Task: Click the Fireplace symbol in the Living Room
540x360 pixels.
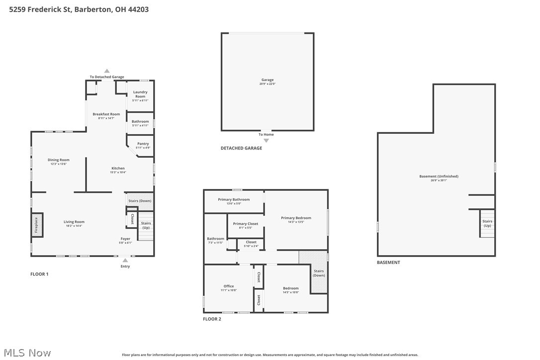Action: point(36,225)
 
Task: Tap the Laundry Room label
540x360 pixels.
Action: point(140,94)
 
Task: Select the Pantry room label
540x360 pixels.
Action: point(143,144)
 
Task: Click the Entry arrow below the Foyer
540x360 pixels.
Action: point(125,260)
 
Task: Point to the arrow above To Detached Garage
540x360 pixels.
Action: point(106,71)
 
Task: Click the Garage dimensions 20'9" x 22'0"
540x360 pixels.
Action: point(267,84)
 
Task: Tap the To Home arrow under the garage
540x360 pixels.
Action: point(266,141)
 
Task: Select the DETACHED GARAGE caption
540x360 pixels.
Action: point(241,148)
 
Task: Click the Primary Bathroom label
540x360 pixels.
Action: point(234,199)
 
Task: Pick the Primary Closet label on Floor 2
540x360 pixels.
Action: point(246,224)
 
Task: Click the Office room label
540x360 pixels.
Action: point(229,286)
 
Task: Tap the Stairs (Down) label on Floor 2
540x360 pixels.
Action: point(319,273)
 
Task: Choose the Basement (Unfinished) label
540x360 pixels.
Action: point(439,177)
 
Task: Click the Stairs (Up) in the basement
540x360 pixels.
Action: point(487,224)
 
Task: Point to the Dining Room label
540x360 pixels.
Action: point(58,160)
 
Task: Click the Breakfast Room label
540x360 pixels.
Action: point(106,114)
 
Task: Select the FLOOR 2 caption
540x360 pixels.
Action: point(212,319)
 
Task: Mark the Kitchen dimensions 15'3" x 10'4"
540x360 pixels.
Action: point(118,173)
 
